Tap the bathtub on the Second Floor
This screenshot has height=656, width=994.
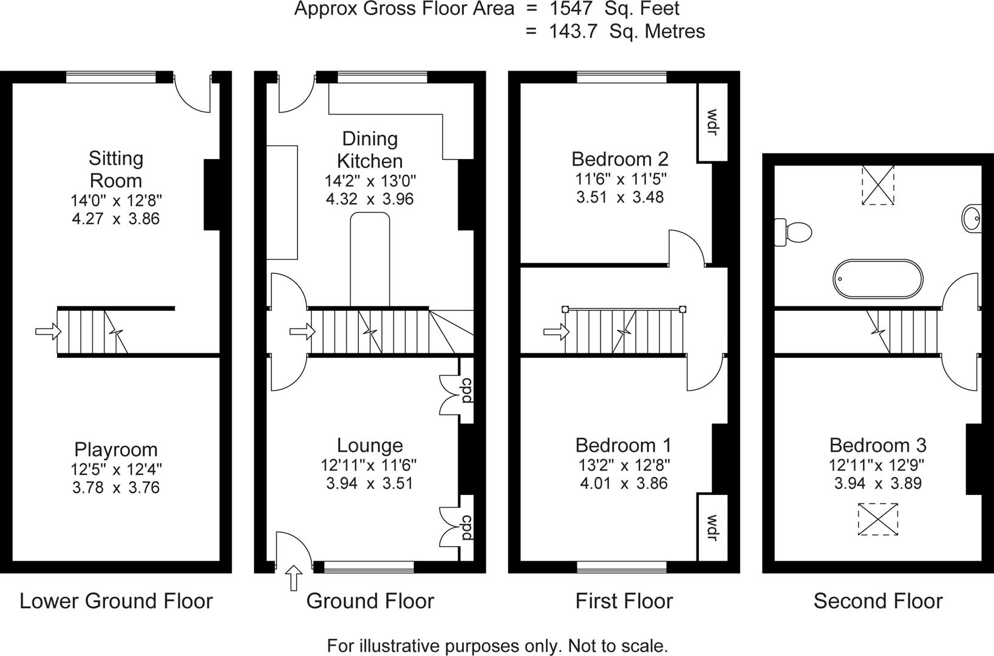click(x=877, y=279)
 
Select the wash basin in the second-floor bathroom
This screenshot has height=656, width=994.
click(x=973, y=217)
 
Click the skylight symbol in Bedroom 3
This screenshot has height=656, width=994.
click(x=877, y=519)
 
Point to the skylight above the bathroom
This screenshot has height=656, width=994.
click(x=878, y=185)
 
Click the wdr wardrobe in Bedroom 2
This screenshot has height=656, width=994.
click(x=712, y=122)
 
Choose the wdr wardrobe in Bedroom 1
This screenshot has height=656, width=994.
click(x=712, y=527)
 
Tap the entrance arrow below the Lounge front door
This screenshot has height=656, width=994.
click(x=294, y=578)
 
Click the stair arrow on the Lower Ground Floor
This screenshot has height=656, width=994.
click(x=48, y=331)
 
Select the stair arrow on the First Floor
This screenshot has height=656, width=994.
click(x=556, y=331)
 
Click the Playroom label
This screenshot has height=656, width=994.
click(x=116, y=449)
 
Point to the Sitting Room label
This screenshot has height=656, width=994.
click(x=116, y=169)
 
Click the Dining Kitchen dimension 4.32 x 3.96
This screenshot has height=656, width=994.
click(x=370, y=199)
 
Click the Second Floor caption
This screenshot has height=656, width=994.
click(x=877, y=601)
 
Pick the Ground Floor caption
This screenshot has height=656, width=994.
click(x=370, y=601)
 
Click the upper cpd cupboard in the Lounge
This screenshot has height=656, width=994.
click(x=466, y=390)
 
